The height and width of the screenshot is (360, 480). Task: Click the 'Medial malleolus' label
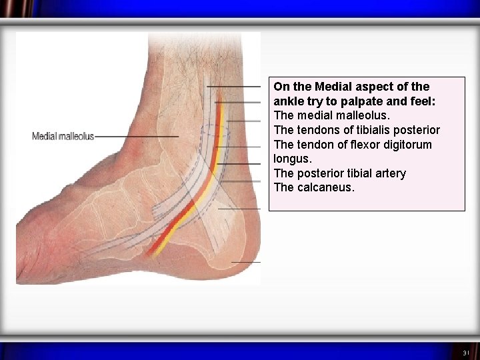click(x=63, y=137)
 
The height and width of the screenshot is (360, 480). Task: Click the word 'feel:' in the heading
click(x=421, y=101)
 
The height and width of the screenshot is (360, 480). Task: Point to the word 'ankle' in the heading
click(x=289, y=101)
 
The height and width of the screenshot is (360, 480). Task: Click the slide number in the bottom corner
click(x=466, y=352)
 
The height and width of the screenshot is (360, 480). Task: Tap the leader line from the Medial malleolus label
click(x=137, y=137)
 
